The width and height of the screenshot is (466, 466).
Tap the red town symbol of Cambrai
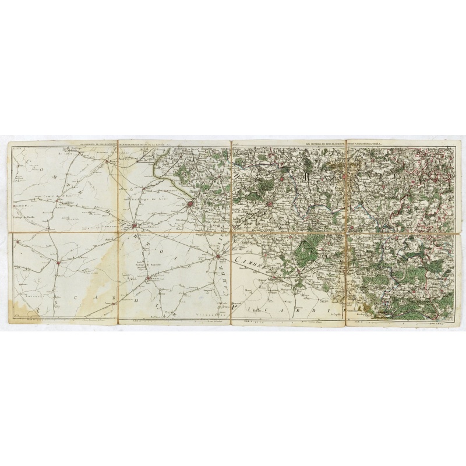[x=217, y=256]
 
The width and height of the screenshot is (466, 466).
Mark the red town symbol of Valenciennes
[x=270, y=203]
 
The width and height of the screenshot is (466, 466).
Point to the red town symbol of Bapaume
[x=149, y=278]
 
